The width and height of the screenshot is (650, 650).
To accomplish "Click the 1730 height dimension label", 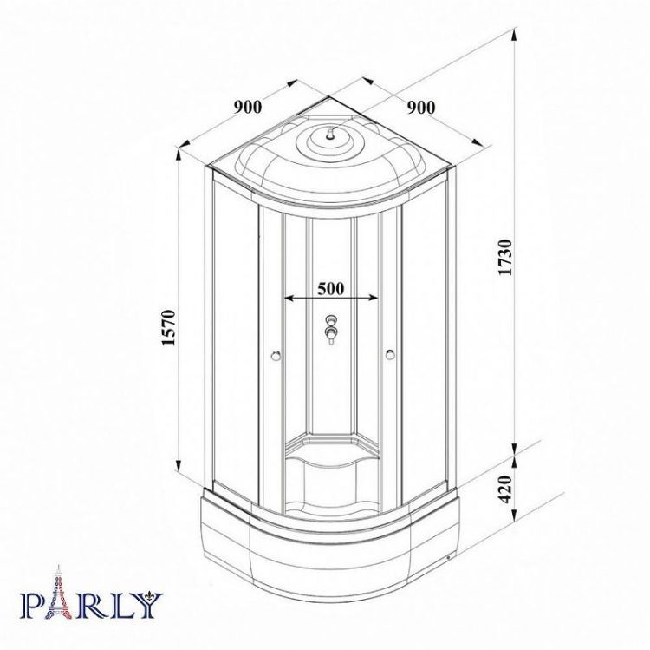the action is click(506, 257).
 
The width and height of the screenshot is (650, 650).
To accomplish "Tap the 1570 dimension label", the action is click(170, 327).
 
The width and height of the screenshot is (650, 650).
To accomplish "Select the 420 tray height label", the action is click(506, 489).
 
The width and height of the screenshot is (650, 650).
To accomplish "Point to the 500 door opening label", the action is click(331, 288).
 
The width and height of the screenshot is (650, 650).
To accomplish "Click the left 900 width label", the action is click(248, 107).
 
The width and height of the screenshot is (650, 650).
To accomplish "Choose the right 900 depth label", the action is click(421, 108).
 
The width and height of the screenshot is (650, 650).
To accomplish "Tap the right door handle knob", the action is click(390, 354).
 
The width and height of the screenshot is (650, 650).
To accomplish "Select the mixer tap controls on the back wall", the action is click(331, 330).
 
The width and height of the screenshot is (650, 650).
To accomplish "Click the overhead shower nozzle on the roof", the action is click(330, 134).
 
